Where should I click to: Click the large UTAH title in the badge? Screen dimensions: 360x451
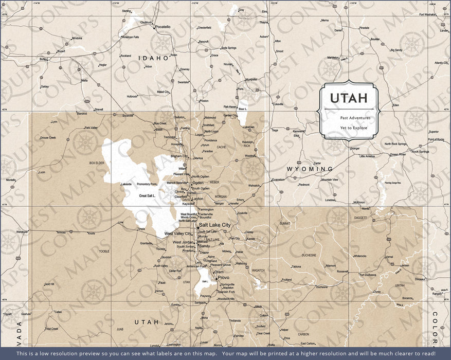(x=349, y=98)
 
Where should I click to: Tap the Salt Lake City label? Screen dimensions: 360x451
(x=214, y=225)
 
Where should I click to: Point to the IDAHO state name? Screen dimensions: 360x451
(x=154, y=58)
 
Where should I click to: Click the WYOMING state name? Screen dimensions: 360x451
(x=310, y=169)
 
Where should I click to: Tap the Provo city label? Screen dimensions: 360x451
(x=223, y=278)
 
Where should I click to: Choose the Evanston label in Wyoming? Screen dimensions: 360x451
(x=278, y=179)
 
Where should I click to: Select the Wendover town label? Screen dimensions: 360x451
(x=22, y=232)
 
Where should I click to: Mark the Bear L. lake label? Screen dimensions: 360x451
(x=242, y=109)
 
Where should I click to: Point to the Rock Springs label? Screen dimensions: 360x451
(x=420, y=152)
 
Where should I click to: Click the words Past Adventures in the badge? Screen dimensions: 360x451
(x=349, y=118)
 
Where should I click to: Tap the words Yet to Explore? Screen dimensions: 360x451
(x=353, y=128)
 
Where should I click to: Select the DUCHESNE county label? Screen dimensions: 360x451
(x=309, y=255)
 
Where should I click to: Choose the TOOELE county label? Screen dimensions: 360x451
(x=104, y=251)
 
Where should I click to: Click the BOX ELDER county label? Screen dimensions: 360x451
(x=97, y=163)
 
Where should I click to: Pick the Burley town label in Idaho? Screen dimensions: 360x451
(x=43, y=59)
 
